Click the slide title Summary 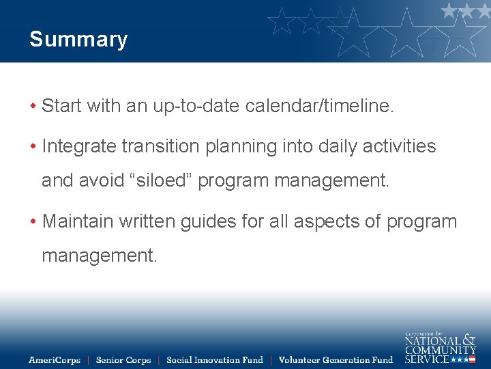pos(78,40)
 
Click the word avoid pos(99,180)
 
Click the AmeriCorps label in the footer pos(55,360)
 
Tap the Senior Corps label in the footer pos(123,360)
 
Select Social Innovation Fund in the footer pos(215,360)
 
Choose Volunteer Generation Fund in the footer pos(336,360)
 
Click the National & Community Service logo pos(440,347)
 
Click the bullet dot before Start pos(33,107)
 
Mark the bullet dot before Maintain pos(33,222)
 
